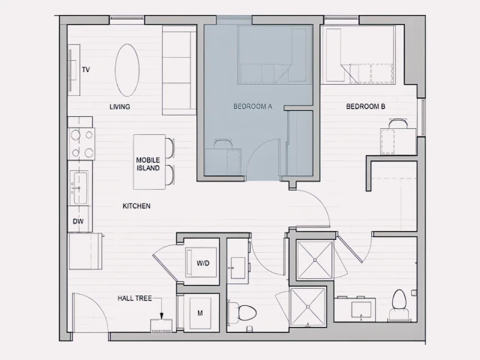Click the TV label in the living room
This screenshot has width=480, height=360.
point(86,70)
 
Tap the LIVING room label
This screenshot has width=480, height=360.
point(120,106)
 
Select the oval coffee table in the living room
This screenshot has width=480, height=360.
point(127,69)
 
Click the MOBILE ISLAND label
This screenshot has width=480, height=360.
point(148,163)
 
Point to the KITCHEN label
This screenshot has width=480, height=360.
point(136,205)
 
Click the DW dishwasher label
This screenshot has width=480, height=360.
point(78,221)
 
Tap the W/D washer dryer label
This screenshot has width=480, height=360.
point(203,263)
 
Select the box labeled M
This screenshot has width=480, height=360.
point(200,313)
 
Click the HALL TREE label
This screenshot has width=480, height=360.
point(135,298)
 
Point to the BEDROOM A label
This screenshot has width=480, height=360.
point(253,107)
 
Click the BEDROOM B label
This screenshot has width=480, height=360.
point(366,106)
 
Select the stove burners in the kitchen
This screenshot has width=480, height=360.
point(82,143)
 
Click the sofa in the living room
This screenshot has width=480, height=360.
point(179,69)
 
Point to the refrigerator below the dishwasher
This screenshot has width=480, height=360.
point(85,251)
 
